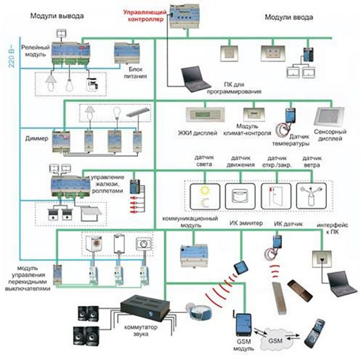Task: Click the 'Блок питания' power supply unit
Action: coord(128,55)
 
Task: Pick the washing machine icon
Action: coord(92,243)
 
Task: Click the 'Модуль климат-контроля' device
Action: coord(253,114)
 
